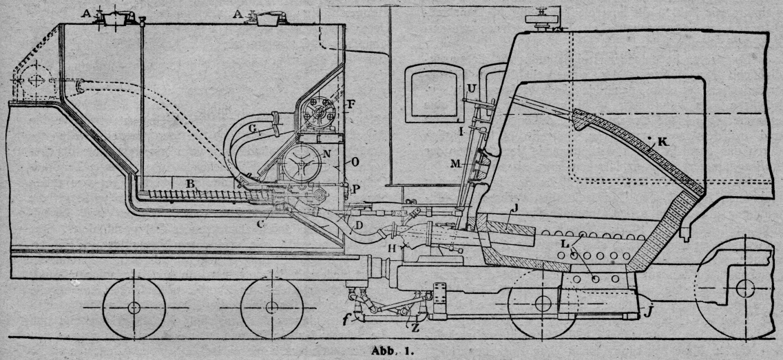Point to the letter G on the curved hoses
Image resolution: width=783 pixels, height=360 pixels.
coord(253,127)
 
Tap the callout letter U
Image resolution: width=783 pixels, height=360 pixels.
coord(472,88)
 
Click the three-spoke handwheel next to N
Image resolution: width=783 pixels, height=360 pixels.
coord(301,165)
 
